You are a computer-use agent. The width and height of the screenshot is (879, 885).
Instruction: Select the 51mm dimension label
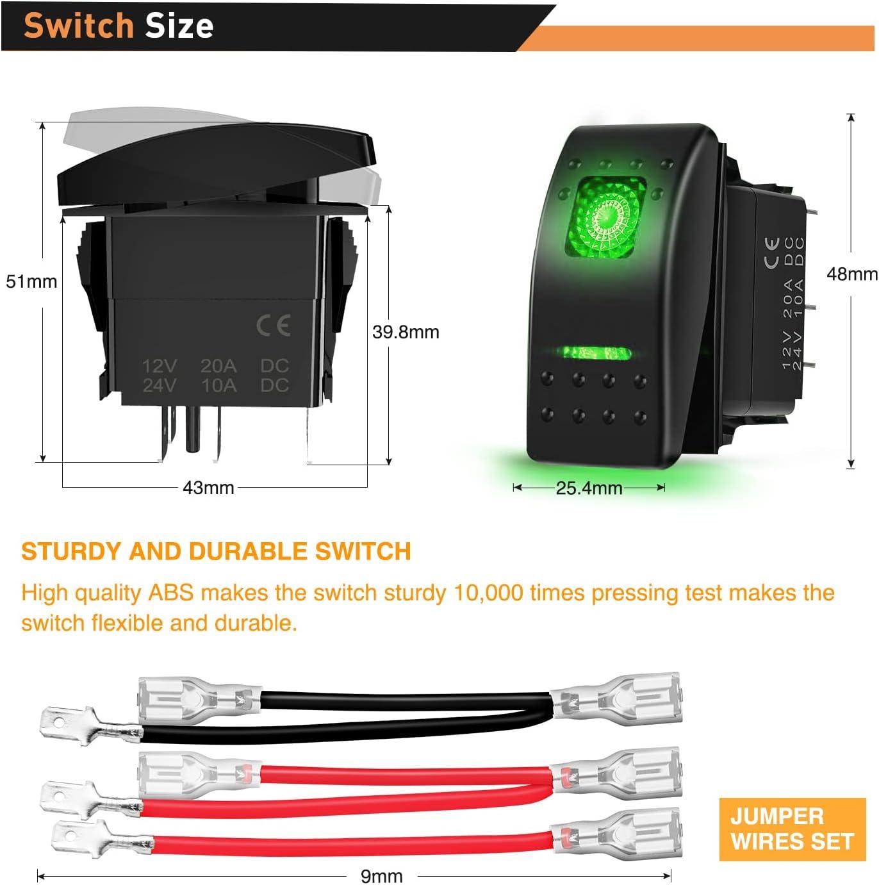31,281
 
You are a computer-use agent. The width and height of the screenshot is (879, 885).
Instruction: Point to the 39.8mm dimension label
406,331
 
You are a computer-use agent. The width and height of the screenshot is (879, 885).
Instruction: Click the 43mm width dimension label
208,487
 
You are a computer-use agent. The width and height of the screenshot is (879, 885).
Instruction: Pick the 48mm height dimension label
852,274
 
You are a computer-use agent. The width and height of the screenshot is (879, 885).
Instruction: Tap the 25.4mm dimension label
589,488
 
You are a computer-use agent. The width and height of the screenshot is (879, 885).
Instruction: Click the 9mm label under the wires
382,876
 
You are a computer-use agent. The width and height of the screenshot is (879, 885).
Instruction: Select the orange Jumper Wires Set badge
793,829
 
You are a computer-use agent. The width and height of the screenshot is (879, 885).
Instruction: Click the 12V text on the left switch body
160,365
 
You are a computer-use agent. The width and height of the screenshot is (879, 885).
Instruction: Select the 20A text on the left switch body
218,365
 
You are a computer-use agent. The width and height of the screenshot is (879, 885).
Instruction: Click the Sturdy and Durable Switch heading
216,551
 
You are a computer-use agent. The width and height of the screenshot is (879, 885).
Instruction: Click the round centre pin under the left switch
193,429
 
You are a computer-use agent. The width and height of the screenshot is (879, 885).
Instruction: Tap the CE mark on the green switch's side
772,252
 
